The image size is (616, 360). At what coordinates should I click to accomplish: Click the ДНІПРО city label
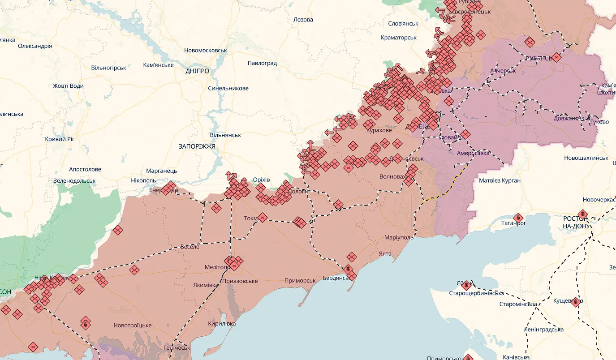tap(197, 71)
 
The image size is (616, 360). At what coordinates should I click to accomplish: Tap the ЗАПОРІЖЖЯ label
tap(197, 146)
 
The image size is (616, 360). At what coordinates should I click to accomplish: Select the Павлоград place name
tap(262, 63)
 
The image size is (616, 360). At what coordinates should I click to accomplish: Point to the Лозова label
tap(303, 20)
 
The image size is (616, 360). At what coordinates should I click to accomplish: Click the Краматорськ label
tap(399, 38)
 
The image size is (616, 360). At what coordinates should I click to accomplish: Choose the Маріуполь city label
tap(399, 237)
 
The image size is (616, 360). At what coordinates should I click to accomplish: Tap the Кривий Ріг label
tap(60, 139)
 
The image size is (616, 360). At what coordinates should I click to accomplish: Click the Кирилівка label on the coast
tap(222, 323)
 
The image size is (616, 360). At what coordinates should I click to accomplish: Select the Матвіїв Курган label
tap(500, 180)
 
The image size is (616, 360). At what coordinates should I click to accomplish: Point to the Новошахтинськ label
tap(586, 158)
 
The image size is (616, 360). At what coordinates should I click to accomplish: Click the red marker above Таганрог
tap(518, 218)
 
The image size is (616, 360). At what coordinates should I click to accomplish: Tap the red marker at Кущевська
tap(575, 302)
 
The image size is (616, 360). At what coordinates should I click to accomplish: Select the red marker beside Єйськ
tap(466, 285)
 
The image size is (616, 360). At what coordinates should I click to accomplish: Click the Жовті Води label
tap(68, 86)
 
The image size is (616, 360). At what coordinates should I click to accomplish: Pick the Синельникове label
tap(228, 88)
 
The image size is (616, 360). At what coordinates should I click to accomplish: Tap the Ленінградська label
tap(543, 330)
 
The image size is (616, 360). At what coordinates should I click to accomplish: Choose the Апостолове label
tap(85, 169)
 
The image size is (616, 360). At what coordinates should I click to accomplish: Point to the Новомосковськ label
tap(206, 51)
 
